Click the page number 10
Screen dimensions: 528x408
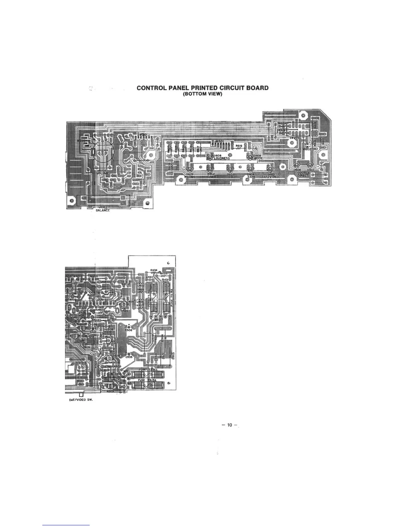[229, 425]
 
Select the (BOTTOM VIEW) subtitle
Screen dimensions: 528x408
[202, 94]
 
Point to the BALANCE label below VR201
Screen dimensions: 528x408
[100, 210]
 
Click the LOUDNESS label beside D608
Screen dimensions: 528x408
[222, 158]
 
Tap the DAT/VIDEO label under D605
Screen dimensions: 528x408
[270, 177]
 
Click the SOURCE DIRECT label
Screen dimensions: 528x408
[303, 174]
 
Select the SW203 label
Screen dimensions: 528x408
[295, 138]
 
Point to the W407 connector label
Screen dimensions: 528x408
[159, 320]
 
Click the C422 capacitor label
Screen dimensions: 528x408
[150, 277]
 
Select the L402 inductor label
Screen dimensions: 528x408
[141, 285]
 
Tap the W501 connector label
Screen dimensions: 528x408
[128, 371]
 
